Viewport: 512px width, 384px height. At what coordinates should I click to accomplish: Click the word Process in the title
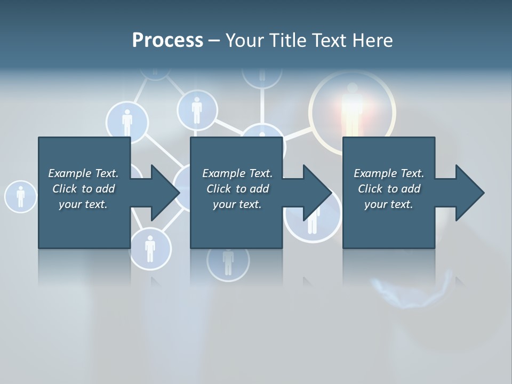167,41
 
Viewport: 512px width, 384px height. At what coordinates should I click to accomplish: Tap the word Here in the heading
372,41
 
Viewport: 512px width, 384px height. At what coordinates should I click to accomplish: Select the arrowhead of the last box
469,193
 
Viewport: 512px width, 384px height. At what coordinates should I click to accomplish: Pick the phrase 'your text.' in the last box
389,204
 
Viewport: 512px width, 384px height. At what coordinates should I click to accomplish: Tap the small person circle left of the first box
20,196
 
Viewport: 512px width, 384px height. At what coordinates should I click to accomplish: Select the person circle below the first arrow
150,249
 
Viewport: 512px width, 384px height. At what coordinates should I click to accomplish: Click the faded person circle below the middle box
228,261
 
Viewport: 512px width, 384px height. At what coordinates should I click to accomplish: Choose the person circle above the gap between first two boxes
197,110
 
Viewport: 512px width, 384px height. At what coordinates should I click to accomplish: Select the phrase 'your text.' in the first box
83,204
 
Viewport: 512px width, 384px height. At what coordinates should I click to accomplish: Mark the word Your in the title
243,41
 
